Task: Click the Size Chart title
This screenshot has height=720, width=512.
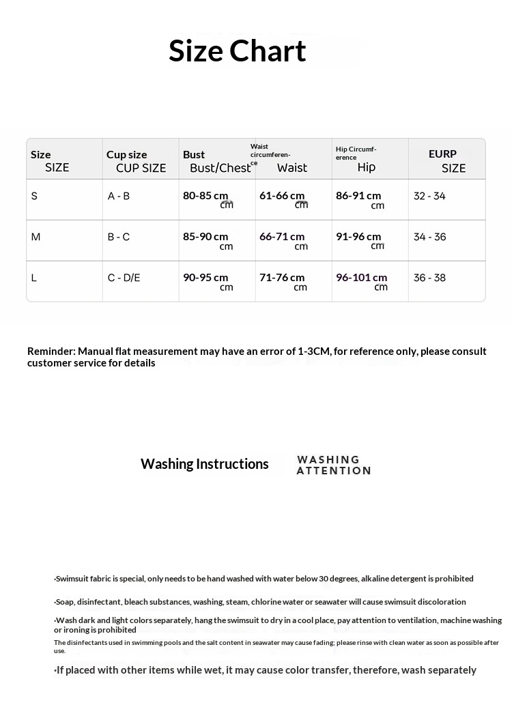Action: coord(238,51)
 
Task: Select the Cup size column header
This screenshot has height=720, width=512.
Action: coord(136,161)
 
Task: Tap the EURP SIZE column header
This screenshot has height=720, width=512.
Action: coord(447,161)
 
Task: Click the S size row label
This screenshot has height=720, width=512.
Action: coord(35,197)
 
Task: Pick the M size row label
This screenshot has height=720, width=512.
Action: coord(36,237)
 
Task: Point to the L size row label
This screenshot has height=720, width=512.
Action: coord(34,278)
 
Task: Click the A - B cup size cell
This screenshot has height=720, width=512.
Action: coord(119,197)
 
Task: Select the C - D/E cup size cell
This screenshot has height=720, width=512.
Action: coord(124,278)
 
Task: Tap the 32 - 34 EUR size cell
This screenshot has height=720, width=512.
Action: coord(429,197)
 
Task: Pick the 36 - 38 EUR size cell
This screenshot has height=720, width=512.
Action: coord(429,278)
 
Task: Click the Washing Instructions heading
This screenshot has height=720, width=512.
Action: coord(205,464)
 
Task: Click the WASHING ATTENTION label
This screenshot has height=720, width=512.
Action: coord(334,465)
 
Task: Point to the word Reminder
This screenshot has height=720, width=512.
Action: coord(51,351)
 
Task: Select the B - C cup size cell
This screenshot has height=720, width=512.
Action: coord(119,237)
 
